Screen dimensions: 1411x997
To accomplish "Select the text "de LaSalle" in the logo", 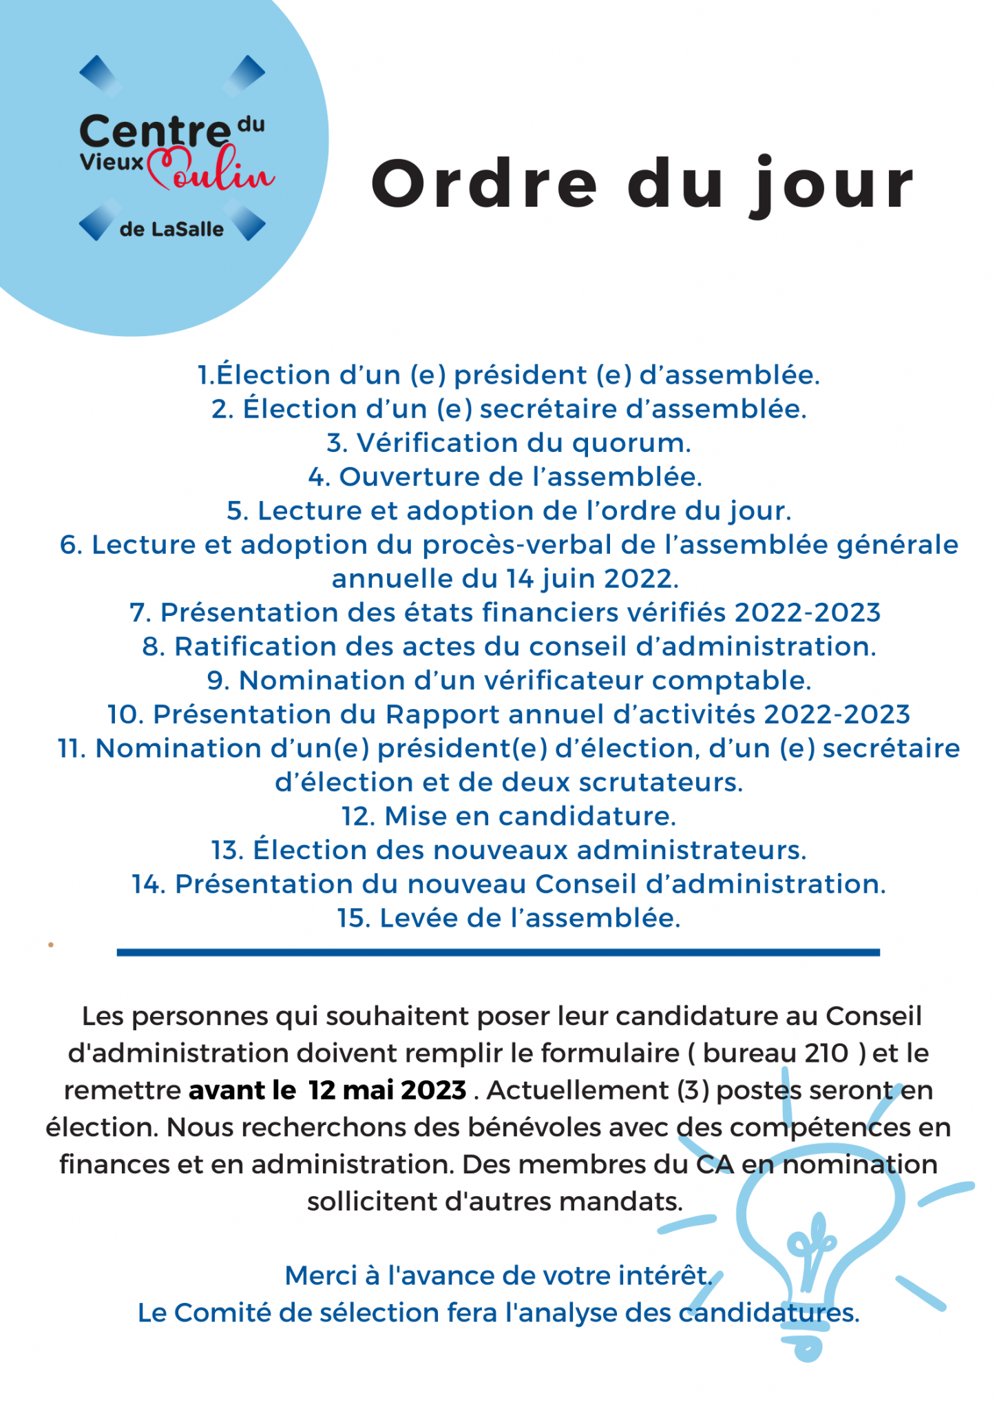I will tap(171, 229).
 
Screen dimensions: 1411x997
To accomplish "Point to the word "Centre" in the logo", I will tap(155, 131).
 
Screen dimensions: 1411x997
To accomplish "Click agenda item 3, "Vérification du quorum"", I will tap(509, 443).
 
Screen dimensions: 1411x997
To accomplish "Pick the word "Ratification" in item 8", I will tap(255, 647).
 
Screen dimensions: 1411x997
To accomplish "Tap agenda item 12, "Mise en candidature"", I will tap(509, 816).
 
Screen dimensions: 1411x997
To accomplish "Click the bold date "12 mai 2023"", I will tap(388, 1091).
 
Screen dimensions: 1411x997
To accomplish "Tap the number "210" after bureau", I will tap(826, 1053).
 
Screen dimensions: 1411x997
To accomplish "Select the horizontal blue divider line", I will tap(498, 952).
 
